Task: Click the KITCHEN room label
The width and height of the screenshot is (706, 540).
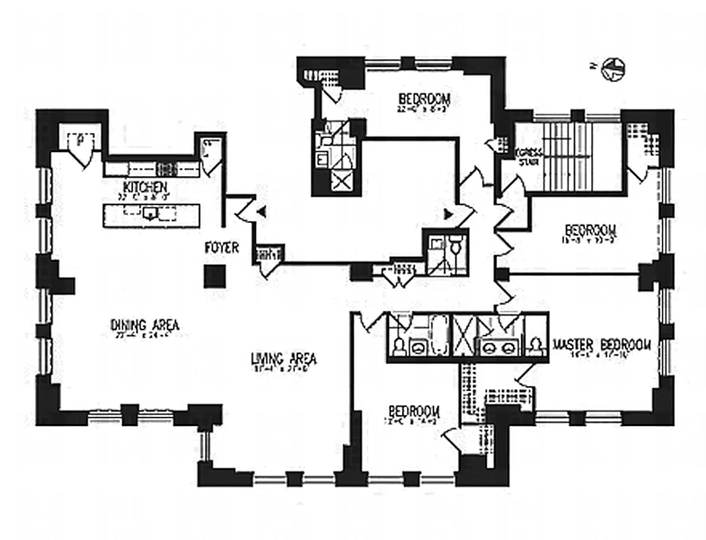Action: click(x=144, y=186)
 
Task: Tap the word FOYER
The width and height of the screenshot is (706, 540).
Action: click(x=222, y=248)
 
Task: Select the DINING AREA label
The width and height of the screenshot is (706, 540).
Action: click(x=144, y=325)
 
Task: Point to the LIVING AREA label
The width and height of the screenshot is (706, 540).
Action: click(x=283, y=359)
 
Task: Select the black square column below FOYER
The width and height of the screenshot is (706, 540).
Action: click(x=215, y=275)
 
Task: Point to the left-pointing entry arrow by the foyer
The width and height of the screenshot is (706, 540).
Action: click(x=263, y=212)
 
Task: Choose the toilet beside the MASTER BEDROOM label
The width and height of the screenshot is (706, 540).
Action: click(x=537, y=346)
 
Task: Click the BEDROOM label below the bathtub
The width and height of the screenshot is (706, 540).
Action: click(x=414, y=411)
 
